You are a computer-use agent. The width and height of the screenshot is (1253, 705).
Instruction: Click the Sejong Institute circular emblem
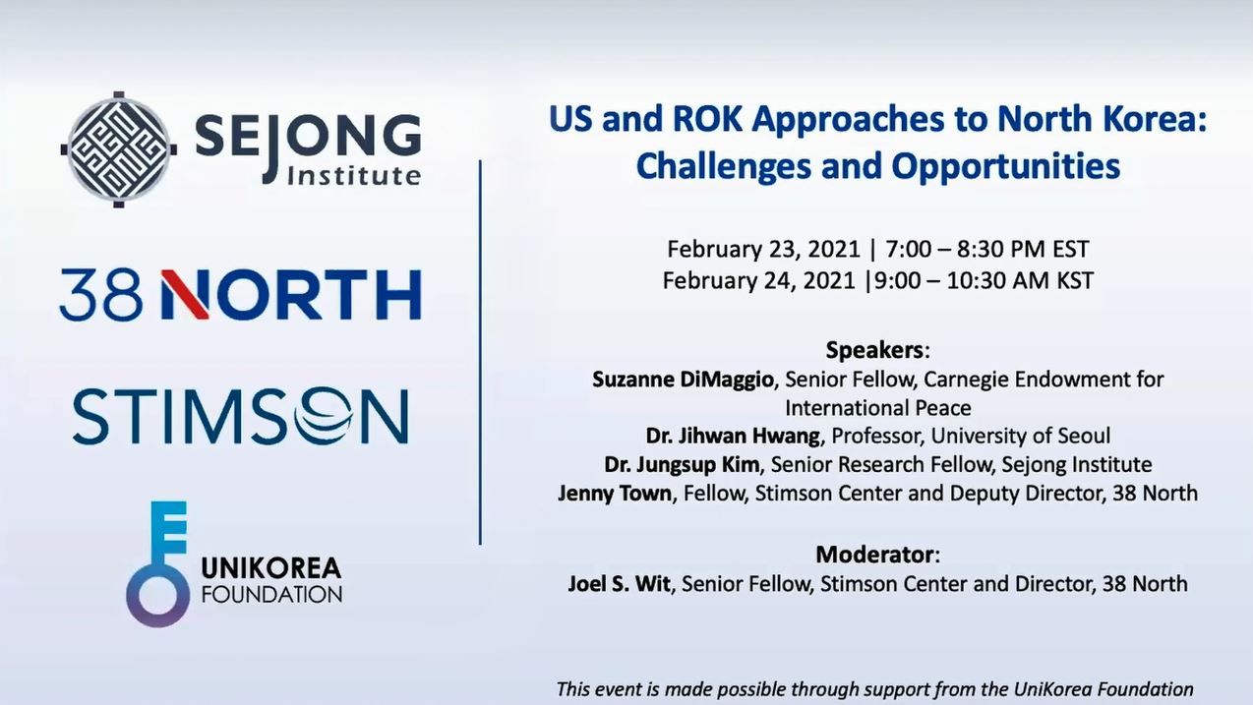[119, 149]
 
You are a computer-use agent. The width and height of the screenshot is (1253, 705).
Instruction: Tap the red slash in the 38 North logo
[185, 295]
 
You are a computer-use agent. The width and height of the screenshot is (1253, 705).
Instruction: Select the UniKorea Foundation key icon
[158, 564]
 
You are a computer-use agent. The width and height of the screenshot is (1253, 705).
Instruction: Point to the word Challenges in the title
[723, 166]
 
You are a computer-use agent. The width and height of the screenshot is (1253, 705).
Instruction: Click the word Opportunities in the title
[1006, 166]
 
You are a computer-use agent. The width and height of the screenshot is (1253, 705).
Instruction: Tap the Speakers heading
[874, 350]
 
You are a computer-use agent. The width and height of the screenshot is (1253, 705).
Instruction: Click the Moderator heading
[874, 555]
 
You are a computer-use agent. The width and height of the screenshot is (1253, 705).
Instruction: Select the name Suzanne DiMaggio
[683, 380]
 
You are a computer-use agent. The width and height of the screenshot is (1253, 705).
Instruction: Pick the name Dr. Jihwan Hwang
[733, 437]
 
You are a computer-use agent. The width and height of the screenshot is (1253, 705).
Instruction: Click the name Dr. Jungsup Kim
[682, 465]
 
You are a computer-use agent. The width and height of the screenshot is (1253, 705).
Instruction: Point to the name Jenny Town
[614, 494]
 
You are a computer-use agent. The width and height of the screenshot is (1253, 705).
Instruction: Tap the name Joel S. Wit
[619, 584]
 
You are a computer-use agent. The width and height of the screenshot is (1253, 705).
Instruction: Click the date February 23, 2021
[763, 249]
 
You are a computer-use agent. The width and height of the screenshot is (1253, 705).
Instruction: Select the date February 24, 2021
[758, 280]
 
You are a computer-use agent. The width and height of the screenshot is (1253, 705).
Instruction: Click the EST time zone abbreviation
[1071, 249]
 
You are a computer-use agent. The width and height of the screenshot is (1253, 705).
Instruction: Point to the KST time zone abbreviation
[1075, 280]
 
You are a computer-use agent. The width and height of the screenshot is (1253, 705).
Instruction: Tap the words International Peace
[877, 408]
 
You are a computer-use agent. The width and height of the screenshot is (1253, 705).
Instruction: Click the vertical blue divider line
[480, 352]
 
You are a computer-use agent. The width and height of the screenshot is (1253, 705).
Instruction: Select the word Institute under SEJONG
[353, 176]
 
